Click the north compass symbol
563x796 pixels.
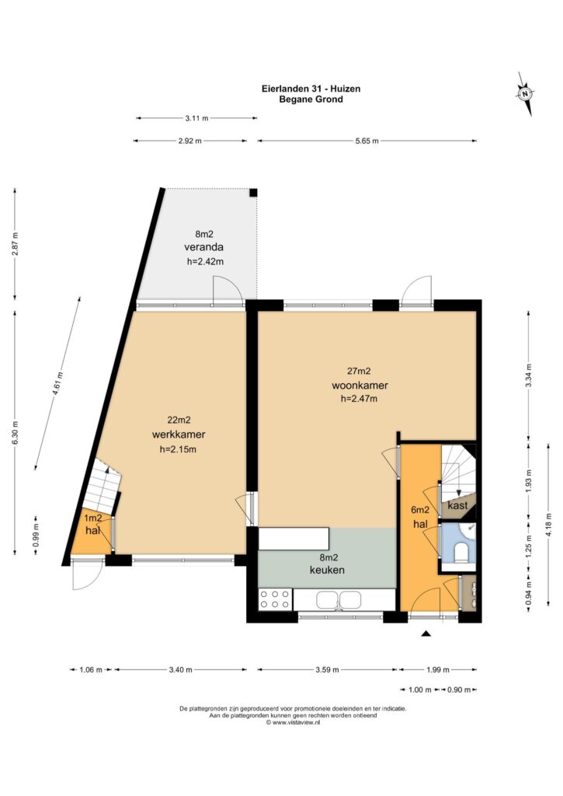tap(526, 94)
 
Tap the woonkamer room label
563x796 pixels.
tap(360, 386)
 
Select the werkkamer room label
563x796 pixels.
tap(179, 435)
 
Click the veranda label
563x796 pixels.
tap(204, 247)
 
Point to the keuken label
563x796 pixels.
tap(327, 570)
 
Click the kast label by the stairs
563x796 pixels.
tap(457, 505)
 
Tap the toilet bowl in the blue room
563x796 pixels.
tap(461, 552)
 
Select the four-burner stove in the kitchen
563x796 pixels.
tap(275, 599)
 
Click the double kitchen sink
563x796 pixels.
tap(340, 599)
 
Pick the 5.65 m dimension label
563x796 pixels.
tap(367, 141)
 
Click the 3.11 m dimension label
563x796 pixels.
tap(196, 118)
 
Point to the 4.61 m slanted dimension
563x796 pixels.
tap(57, 383)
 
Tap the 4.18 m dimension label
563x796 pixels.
tap(548, 525)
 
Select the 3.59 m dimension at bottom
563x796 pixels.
tap(327, 669)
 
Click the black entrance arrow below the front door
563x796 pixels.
tap(426, 633)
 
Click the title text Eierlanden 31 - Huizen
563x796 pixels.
tap(311, 89)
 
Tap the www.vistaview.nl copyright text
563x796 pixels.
tap(294, 722)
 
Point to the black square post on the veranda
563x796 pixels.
tap(253, 193)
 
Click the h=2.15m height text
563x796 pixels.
tap(178, 449)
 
